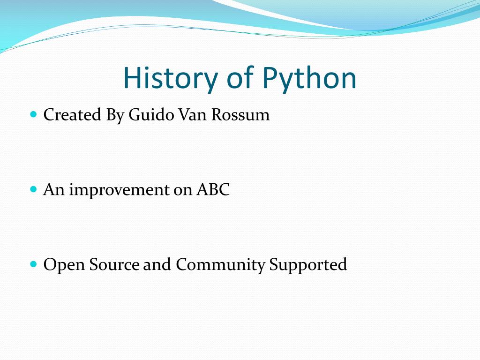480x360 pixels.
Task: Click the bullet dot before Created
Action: tap(33, 114)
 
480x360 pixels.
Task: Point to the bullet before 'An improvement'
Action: tap(33, 189)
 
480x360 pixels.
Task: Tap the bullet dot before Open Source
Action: tap(33, 264)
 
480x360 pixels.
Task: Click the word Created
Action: tap(72, 115)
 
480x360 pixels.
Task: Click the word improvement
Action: tap(118, 190)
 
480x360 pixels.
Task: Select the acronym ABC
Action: tap(213, 190)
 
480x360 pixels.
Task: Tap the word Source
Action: tap(114, 265)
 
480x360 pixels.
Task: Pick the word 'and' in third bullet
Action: tap(157, 265)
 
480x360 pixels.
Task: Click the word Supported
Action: tap(308, 265)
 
